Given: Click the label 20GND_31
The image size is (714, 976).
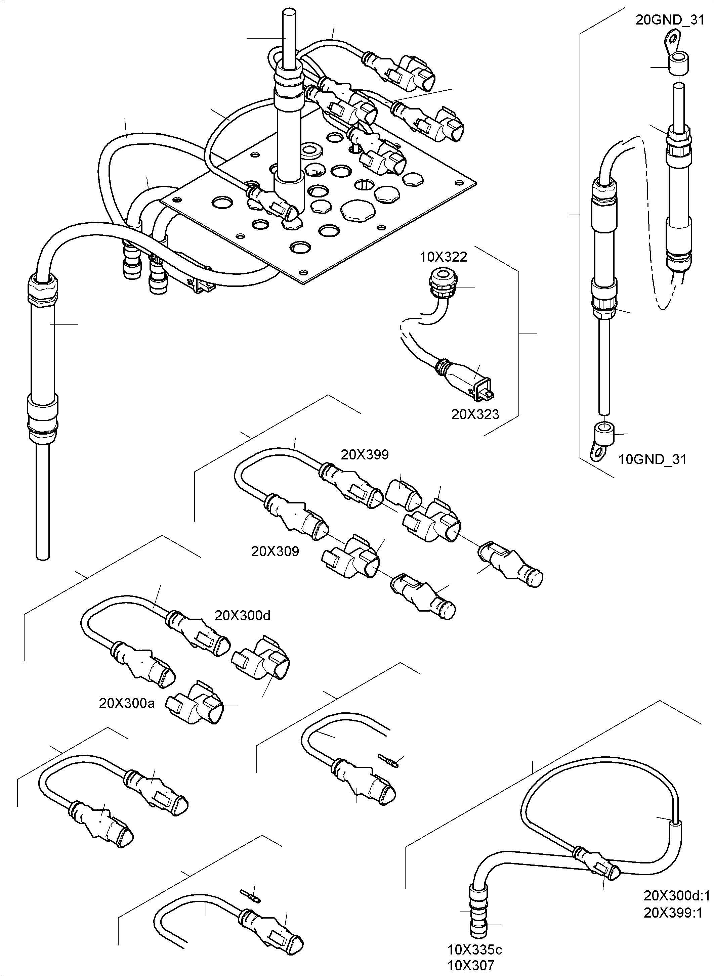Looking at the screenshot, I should (x=670, y=20).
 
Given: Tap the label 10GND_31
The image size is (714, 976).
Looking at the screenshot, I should (x=652, y=459).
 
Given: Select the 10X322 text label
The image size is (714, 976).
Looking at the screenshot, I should (x=444, y=257).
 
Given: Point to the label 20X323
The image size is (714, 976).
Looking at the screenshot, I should (x=475, y=414).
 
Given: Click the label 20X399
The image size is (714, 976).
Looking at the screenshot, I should (x=365, y=454).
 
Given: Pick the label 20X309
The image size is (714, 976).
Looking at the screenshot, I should (x=275, y=551).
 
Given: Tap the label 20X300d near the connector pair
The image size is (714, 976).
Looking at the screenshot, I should (x=243, y=615).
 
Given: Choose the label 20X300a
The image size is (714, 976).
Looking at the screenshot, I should (x=127, y=703).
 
